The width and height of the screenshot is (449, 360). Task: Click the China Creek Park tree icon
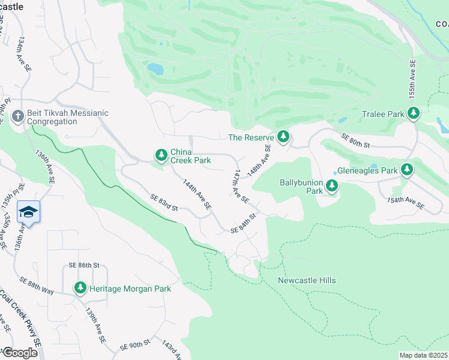click(161, 155)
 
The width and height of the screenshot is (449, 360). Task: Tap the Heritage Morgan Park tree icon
click(80, 289)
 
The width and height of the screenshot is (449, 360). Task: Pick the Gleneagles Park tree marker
click(407, 170)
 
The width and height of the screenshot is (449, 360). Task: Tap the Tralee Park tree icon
click(413, 113)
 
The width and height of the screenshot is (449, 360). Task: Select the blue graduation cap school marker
click(28, 212)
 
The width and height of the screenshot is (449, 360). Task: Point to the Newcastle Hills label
click(307, 280)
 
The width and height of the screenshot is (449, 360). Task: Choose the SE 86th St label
click(83, 265)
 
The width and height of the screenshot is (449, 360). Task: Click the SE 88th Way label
click(37, 284)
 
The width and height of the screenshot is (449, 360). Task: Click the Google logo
click(20, 353)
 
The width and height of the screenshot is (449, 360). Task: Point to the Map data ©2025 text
click(423, 355)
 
